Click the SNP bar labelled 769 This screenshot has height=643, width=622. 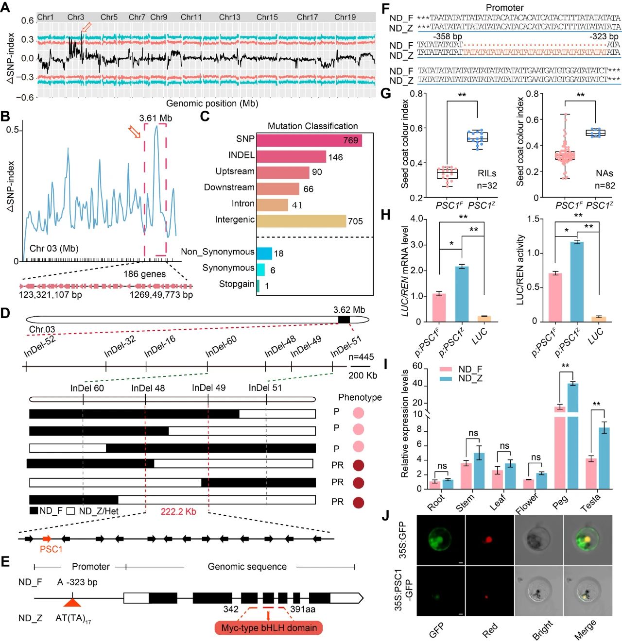(309, 140)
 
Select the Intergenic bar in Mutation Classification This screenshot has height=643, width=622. (301, 221)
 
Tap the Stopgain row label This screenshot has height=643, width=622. (237, 284)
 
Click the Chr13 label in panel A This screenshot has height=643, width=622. (229, 17)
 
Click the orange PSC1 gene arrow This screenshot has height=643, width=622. (47, 539)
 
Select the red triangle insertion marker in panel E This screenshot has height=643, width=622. (72, 602)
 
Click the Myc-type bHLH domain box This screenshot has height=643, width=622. (269, 628)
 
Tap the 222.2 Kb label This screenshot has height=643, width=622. (178, 511)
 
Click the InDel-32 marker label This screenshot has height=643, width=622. (120, 346)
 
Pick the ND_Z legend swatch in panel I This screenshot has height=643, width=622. (446, 379)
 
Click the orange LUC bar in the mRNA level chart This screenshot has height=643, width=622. (484, 319)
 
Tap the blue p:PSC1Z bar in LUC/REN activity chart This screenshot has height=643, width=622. (577, 281)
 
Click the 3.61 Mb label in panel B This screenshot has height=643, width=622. (155, 118)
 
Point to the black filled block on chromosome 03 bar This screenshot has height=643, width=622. (344, 319)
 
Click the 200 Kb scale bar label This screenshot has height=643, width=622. (363, 375)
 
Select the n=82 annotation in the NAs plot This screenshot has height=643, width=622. (605, 186)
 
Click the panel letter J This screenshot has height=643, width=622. (385, 515)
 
